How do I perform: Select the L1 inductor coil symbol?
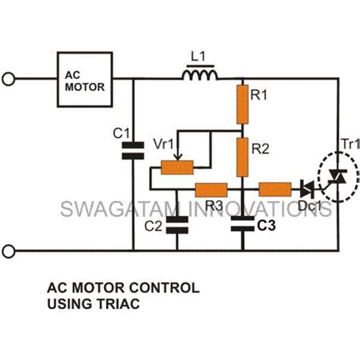(200, 74)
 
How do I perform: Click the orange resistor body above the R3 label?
(210, 190)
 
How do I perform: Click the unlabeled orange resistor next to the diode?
(274, 190)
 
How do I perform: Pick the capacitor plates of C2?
(178, 223)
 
